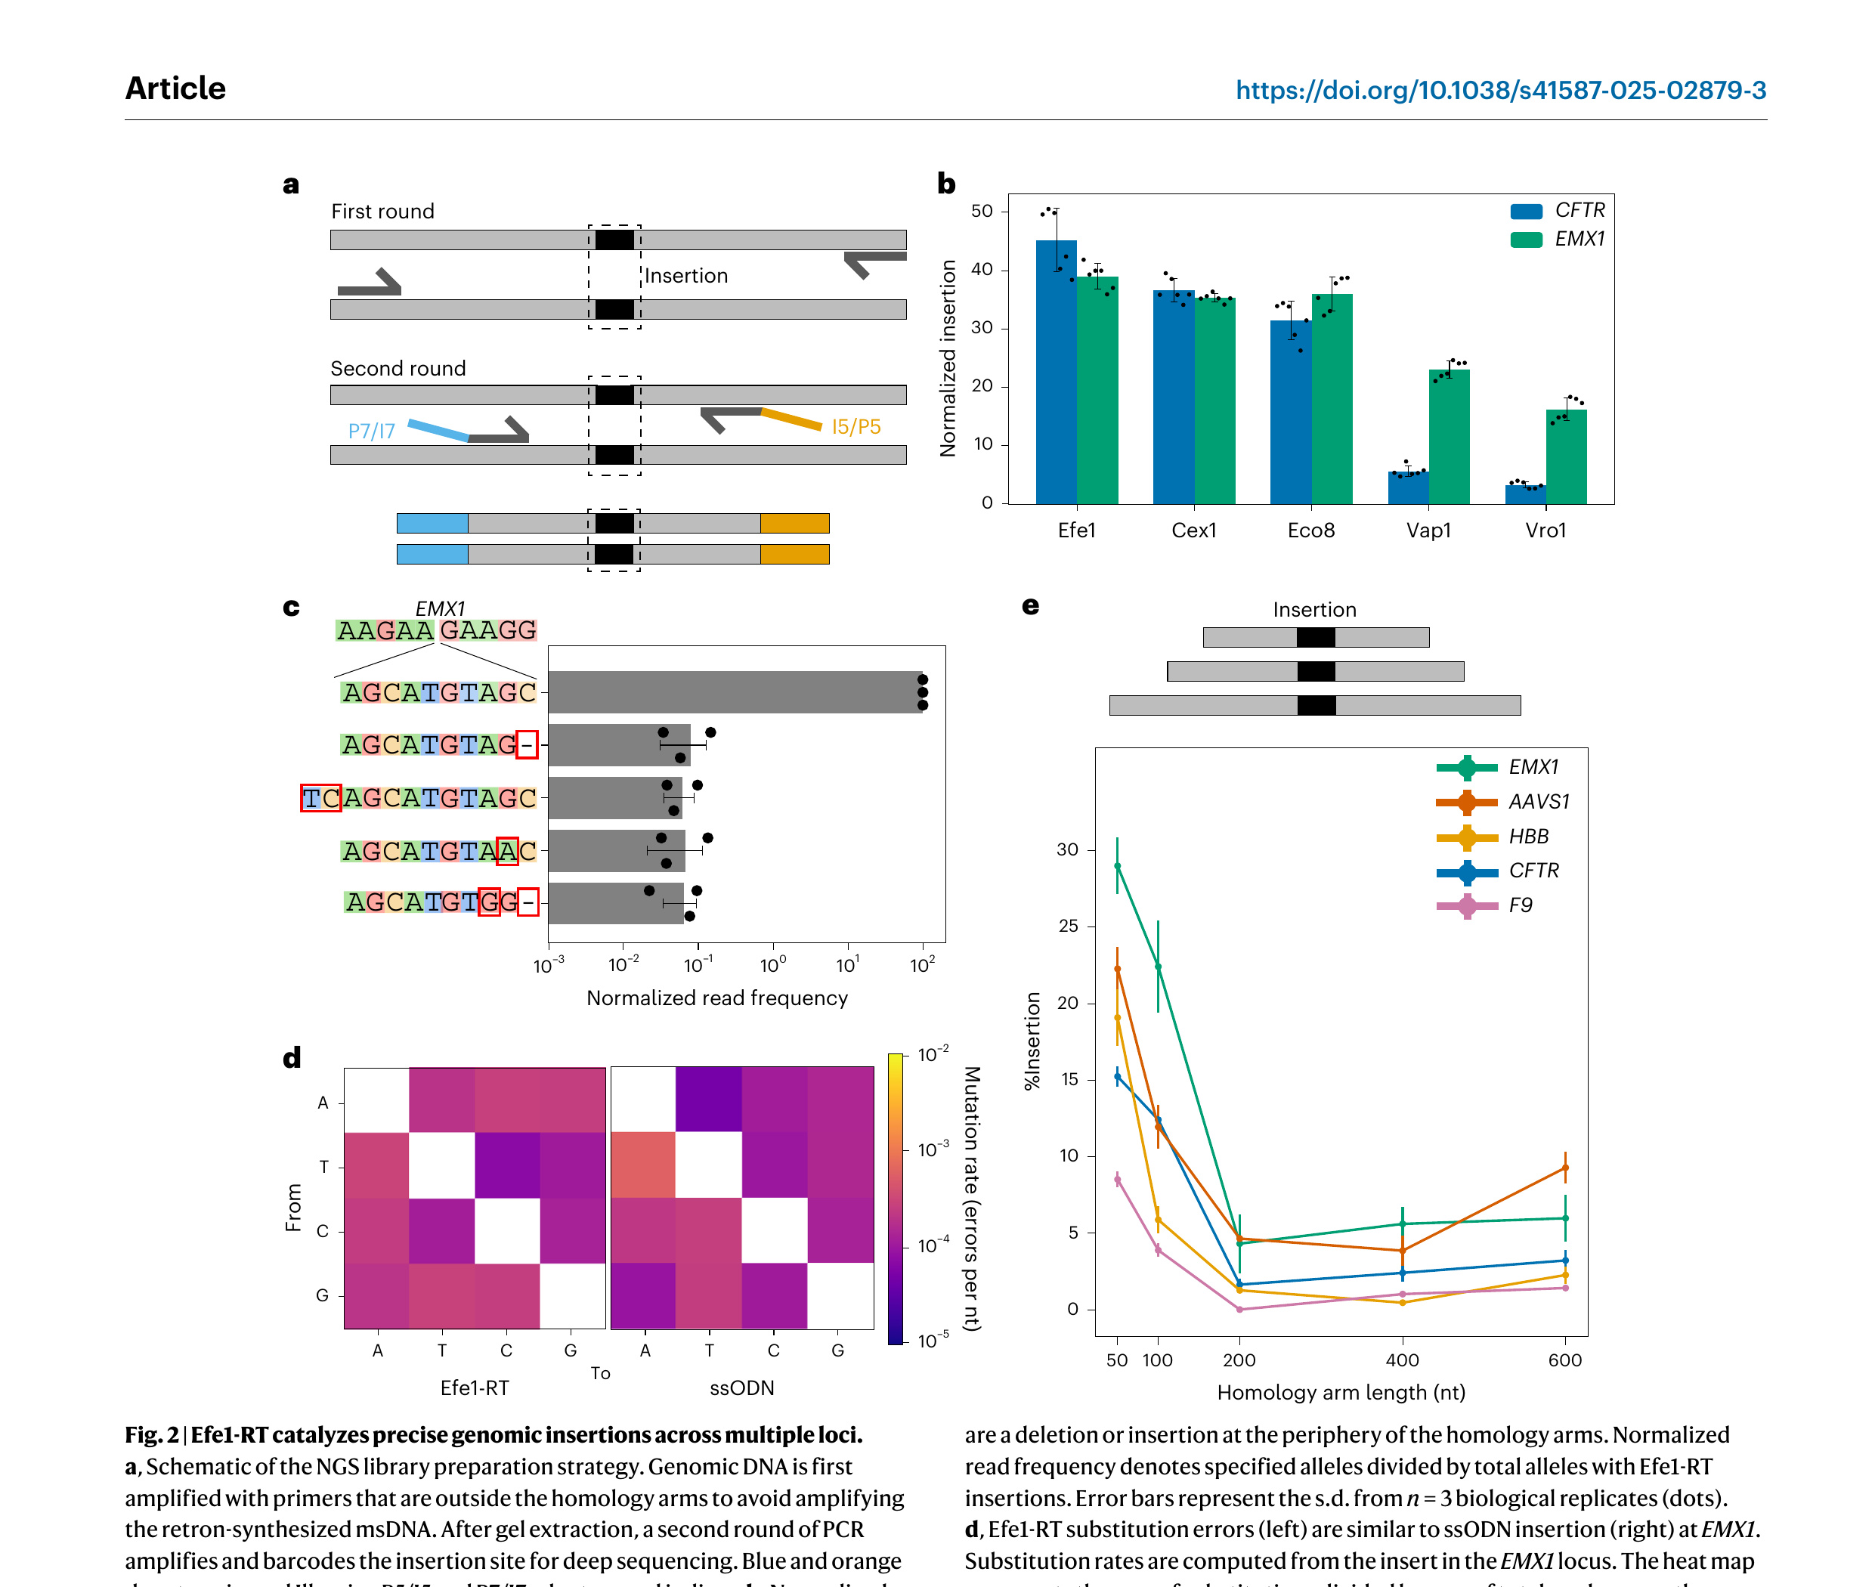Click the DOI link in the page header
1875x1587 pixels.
click(x=1500, y=90)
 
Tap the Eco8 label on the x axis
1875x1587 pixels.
click(x=1311, y=531)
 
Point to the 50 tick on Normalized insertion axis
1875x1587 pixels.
click(x=982, y=212)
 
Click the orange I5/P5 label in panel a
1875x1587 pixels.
click(x=856, y=426)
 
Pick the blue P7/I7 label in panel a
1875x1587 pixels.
click(x=372, y=431)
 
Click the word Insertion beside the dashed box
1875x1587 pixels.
click(x=685, y=276)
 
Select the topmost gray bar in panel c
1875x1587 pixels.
click(x=734, y=691)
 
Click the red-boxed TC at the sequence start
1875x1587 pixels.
click(x=320, y=798)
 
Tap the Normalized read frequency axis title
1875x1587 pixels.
click(x=717, y=998)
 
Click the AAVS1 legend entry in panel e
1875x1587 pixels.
click(x=1539, y=802)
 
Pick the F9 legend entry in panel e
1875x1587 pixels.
click(x=1521, y=905)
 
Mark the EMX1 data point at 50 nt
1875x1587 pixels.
click(x=1118, y=865)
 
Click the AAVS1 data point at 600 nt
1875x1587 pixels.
click(x=1565, y=1168)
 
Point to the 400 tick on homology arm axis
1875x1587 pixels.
click(x=1402, y=1360)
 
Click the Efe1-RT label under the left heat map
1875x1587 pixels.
click(x=474, y=1388)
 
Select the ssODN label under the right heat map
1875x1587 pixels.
click(x=741, y=1388)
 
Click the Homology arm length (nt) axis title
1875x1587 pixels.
click(x=1341, y=1393)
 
